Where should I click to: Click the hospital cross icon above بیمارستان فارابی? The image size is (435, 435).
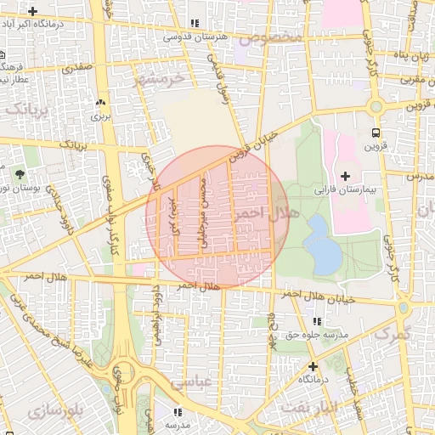coord(345,175)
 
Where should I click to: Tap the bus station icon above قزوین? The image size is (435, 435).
coord(376,133)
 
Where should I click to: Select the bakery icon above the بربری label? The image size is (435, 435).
coord(101,99)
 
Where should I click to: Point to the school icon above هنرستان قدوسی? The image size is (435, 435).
coord(195,24)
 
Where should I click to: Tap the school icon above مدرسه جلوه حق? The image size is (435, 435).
coord(317,322)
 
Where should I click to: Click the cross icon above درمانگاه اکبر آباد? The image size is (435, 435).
coord(33,12)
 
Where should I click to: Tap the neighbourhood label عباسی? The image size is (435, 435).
coord(189,383)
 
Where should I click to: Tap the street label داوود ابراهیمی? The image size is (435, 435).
coord(156,307)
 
